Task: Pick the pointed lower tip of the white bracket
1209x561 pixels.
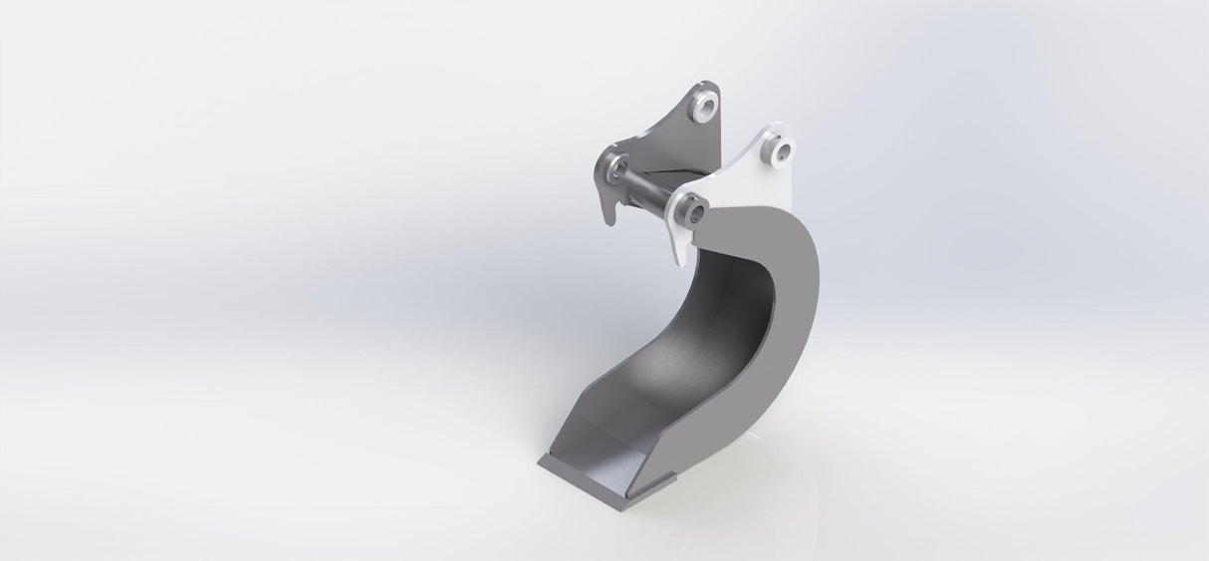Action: coord(680,261)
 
